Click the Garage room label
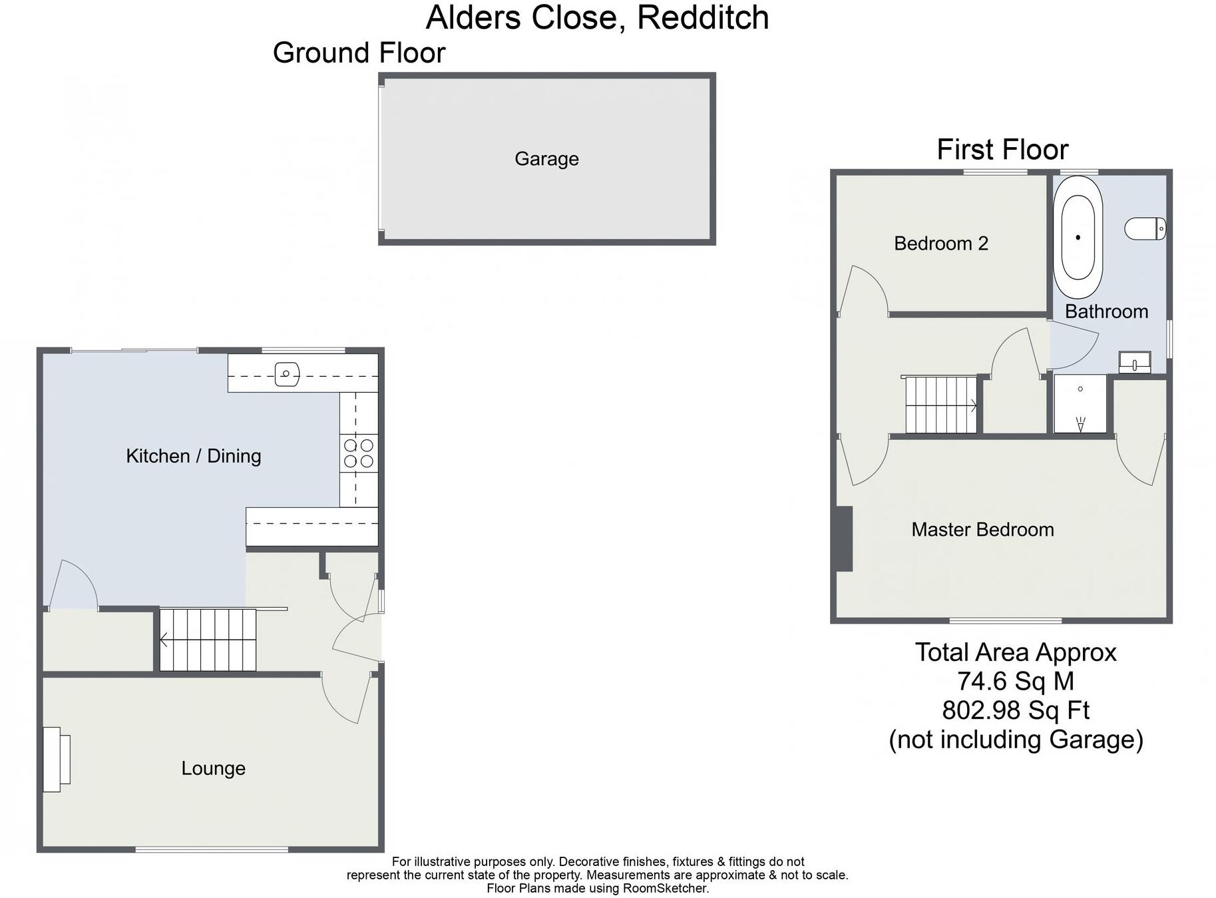point(546,159)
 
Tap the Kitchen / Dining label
point(193,456)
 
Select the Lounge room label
point(213,768)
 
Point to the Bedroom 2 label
point(940,244)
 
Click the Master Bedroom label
point(982,530)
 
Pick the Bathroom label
point(1106,312)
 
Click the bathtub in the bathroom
point(1078,237)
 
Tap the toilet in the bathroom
point(1145,229)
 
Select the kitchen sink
point(287,374)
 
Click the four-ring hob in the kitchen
point(359,453)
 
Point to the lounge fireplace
point(56,760)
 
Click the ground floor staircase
point(208,640)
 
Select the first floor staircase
point(940,405)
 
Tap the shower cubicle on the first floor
point(1080,404)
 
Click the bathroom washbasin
point(1134,362)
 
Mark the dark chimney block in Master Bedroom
point(843,539)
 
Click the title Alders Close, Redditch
point(597,18)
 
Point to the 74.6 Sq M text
point(1015,682)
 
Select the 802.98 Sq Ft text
point(1015,711)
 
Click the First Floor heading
point(1002,150)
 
